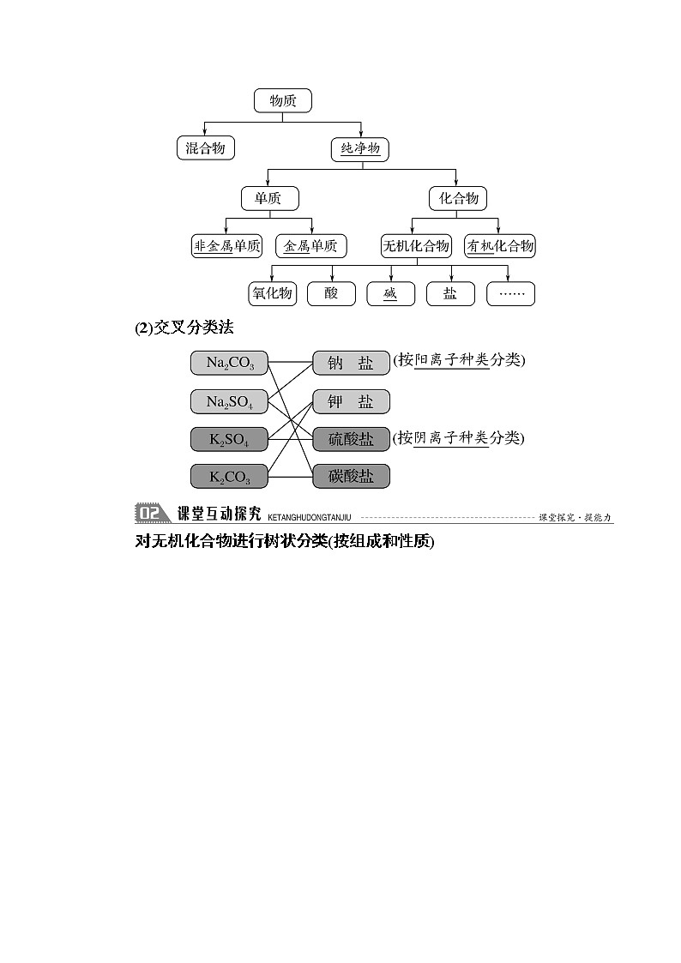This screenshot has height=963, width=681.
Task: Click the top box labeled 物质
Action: (282, 100)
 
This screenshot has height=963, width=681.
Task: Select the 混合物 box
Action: (205, 148)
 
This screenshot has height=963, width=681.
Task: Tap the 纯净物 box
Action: (359, 148)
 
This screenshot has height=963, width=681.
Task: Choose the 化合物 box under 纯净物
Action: (458, 198)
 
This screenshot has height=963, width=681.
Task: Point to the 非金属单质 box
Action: (226, 246)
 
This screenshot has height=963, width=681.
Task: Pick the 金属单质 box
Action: (310, 246)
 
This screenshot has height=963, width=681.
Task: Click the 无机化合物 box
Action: (415, 246)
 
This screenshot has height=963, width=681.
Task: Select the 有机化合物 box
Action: (500, 246)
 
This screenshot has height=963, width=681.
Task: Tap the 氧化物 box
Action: (271, 293)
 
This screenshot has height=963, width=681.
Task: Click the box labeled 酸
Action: (331, 293)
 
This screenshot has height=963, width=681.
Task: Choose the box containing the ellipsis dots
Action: (510, 293)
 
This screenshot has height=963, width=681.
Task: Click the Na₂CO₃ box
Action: (229, 363)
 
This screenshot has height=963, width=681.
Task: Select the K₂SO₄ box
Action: (229, 439)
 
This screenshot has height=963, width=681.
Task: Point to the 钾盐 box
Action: (351, 401)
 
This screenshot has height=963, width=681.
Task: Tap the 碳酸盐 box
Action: (351, 476)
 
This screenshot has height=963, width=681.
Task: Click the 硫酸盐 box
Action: (351, 439)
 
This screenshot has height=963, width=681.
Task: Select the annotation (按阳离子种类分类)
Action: (459, 361)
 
